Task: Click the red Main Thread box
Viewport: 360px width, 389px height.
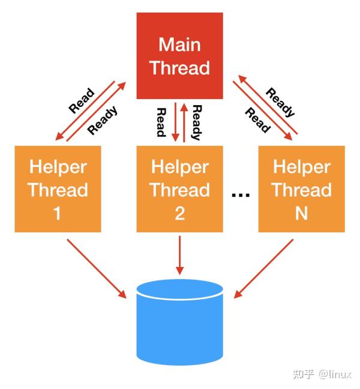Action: (180, 55)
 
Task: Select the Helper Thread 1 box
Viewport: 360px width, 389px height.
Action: (58, 189)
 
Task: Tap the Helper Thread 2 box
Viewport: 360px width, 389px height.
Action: (180, 189)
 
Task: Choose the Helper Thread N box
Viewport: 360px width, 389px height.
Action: (302, 189)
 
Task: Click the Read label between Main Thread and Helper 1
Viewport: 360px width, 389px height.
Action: (82, 101)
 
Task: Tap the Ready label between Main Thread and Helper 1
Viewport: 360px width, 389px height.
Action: (103, 120)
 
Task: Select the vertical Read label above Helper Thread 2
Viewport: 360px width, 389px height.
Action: (161, 122)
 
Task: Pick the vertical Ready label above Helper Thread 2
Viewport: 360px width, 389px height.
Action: (196, 122)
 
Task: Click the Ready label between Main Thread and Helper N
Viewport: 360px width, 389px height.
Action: (280, 102)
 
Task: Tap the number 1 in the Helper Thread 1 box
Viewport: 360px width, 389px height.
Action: (58, 213)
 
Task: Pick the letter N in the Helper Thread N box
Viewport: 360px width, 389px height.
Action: (301, 213)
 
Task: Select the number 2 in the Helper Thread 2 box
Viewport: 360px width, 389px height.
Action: (180, 213)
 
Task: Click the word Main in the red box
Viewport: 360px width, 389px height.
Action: (180, 44)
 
